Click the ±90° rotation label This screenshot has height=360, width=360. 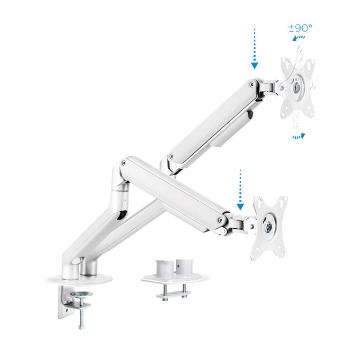(x=300, y=28)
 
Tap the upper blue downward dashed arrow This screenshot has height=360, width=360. (x=254, y=49)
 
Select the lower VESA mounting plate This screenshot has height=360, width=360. (x=269, y=226)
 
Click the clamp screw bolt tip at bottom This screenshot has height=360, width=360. (x=81, y=326)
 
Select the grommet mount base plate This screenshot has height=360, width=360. (x=175, y=279)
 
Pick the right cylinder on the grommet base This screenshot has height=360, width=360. (x=185, y=266)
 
